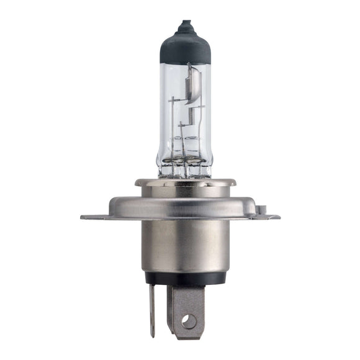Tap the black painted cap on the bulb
pyautogui.click(x=186, y=47)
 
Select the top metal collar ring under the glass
pyautogui.click(x=186, y=183)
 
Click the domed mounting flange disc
pyautogui.click(x=186, y=205)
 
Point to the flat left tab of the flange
pyautogui.click(x=93, y=217)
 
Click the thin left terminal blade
pyautogui.click(x=151, y=310)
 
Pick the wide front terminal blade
pyautogui.click(x=188, y=307)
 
